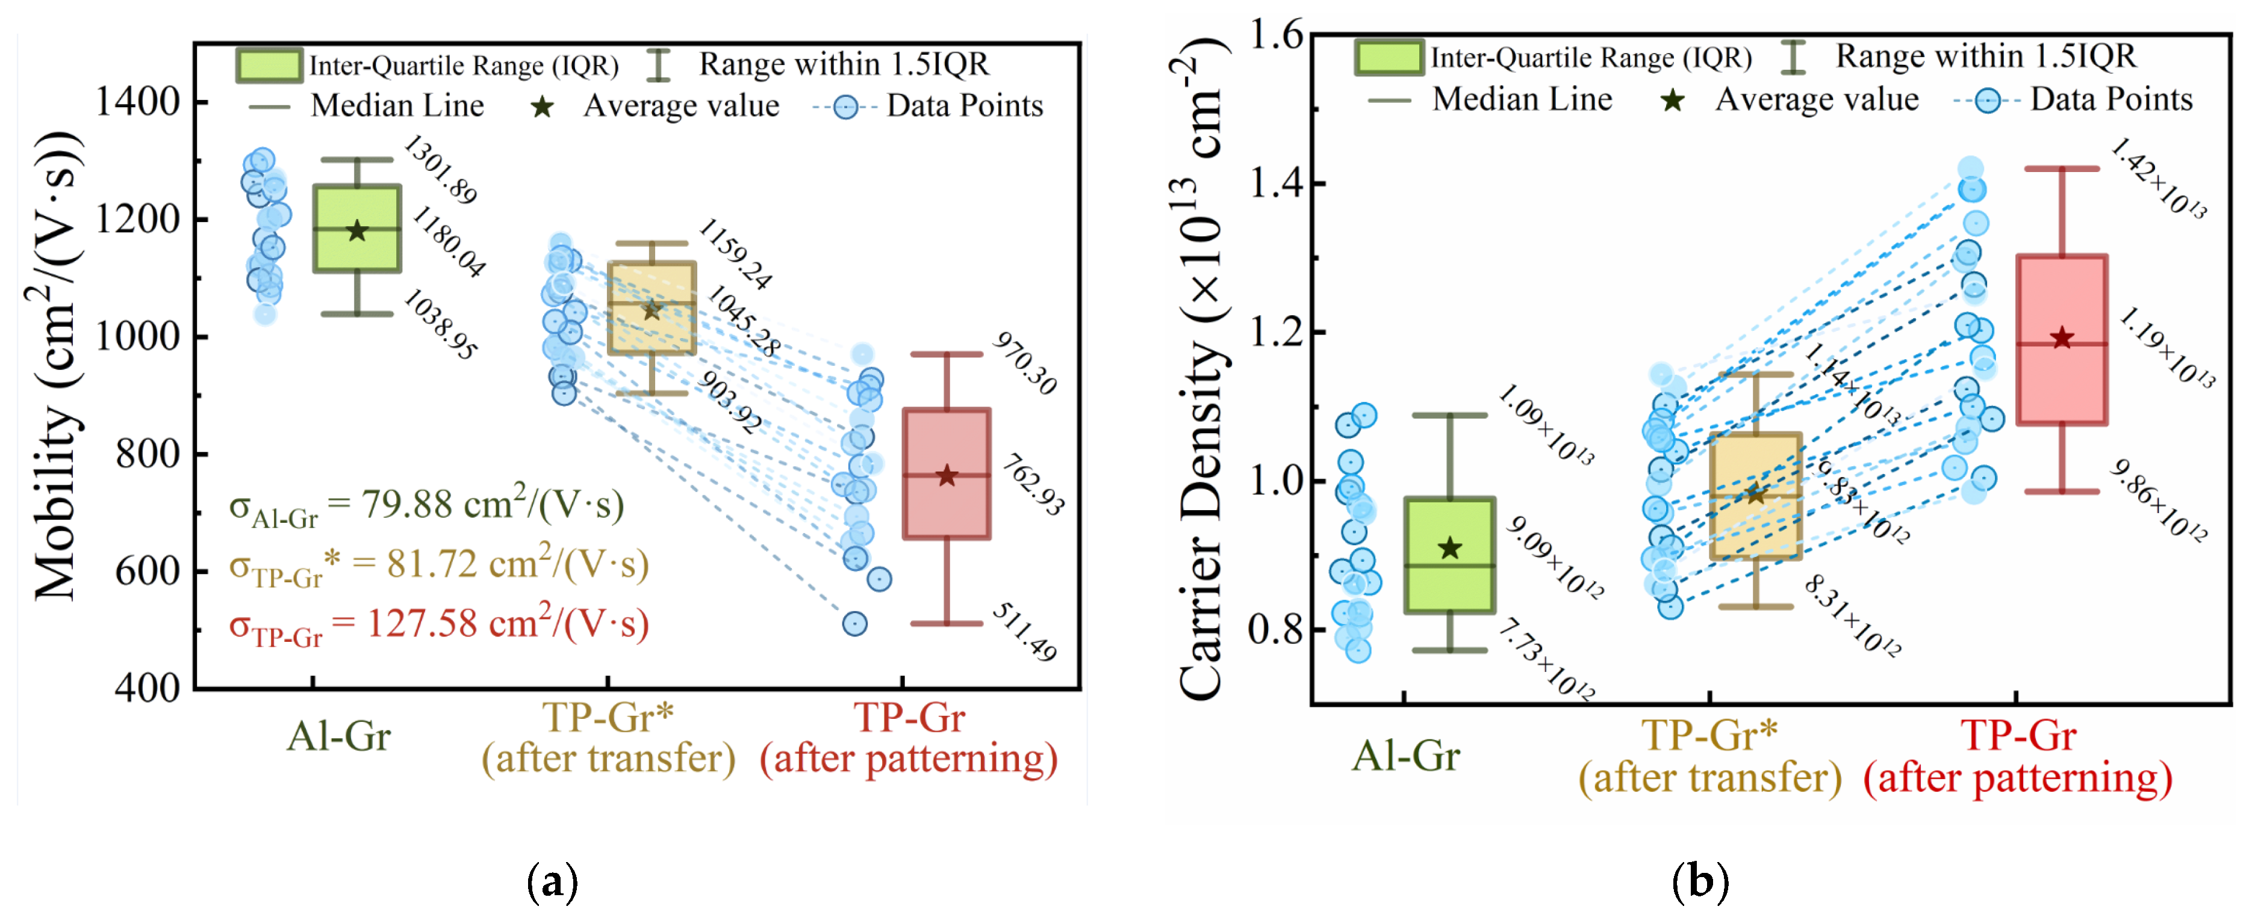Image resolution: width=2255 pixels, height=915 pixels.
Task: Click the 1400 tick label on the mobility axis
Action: pyautogui.click(x=137, y=102)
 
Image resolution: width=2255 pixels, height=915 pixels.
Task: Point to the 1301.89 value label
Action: pyautogui.click(x=440, y=170)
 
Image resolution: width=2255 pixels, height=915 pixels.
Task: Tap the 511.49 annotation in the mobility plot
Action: pyautogui.click(x=1024, y=632)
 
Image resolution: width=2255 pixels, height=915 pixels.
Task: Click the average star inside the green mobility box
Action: pyautogui.click(x=357, y=231)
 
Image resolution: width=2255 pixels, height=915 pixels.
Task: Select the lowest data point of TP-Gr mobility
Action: pyautogui.click(x=854, y=624)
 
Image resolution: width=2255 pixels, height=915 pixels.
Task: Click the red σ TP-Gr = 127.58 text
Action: pyautogui.click(x=438, y=624)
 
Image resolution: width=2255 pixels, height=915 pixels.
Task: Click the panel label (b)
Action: pyautogui.click(x=1699, y=881)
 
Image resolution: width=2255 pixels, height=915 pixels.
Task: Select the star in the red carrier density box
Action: pyautogui.click(x=2062, y=337)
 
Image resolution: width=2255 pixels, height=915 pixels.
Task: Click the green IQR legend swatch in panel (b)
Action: pyautogui.click(x=1389, y=58)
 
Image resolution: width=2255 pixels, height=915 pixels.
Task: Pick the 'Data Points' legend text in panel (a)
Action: pyautogui.click(x=965, y=106)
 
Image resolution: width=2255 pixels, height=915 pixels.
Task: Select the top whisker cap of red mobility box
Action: pyautogui.click(x=947, y=354)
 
